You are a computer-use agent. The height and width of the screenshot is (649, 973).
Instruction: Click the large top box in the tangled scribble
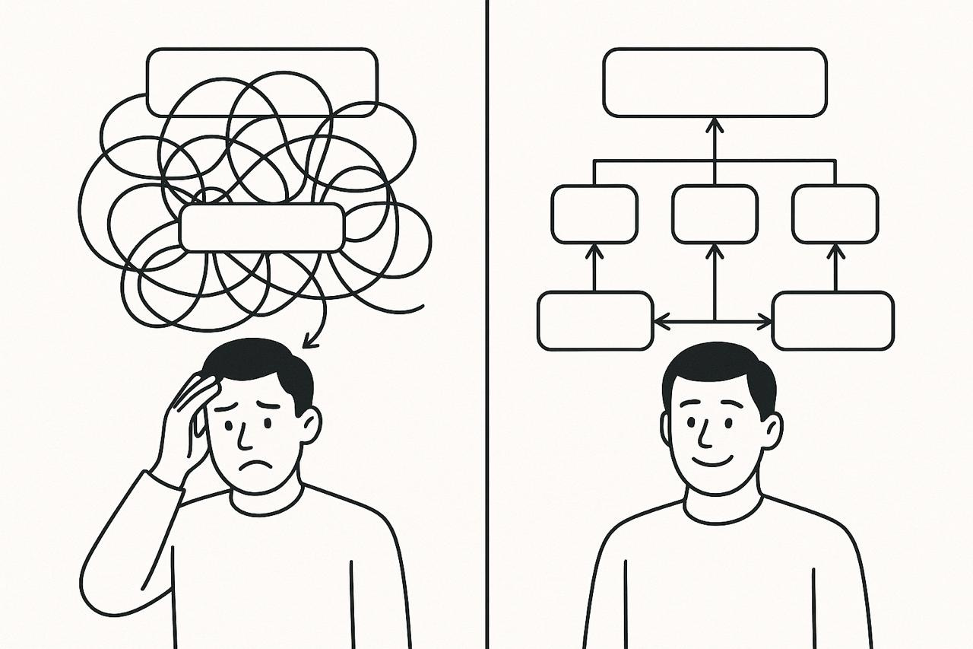click(x=262, y=82)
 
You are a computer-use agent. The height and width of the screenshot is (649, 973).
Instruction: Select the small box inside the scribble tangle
click(x=262, y=227)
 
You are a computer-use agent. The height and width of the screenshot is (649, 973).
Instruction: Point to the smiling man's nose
click(x=703, y=435)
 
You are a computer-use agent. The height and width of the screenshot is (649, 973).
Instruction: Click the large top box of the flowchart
click(x=715, y=82)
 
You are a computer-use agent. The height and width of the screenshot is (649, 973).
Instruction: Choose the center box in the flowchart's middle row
click(x=715, y=214)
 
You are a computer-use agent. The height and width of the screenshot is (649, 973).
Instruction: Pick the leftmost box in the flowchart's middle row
click(x=594, y=214)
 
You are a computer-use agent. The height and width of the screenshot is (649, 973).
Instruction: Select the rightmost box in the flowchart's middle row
click(x=835, y=214)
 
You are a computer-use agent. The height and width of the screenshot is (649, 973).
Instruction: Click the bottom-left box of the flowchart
click(x=595, y=320)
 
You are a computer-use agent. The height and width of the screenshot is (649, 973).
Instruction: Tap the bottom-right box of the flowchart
click(x=833, y=320)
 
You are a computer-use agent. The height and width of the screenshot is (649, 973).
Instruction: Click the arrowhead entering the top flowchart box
click(x=715, y=123)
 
